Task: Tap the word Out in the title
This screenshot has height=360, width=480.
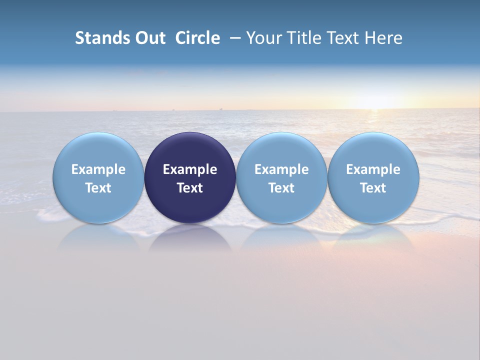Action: (149, 38)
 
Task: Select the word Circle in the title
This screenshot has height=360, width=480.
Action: (197, 38)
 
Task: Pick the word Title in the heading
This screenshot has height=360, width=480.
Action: (302, 38)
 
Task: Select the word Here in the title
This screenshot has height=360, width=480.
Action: (384, 38)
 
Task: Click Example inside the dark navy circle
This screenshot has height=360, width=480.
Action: (190, 169)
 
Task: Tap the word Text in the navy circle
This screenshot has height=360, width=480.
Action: (190, 188)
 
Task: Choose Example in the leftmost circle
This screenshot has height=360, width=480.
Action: (98, 169)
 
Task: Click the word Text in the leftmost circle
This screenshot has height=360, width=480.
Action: (98, 188)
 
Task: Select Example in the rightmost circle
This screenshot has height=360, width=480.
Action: (373, 169)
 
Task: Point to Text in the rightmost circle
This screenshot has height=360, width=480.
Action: (373, 188)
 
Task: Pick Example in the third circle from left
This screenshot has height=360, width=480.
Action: (281, 169)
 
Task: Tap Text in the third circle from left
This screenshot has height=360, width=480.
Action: (281, 188)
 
